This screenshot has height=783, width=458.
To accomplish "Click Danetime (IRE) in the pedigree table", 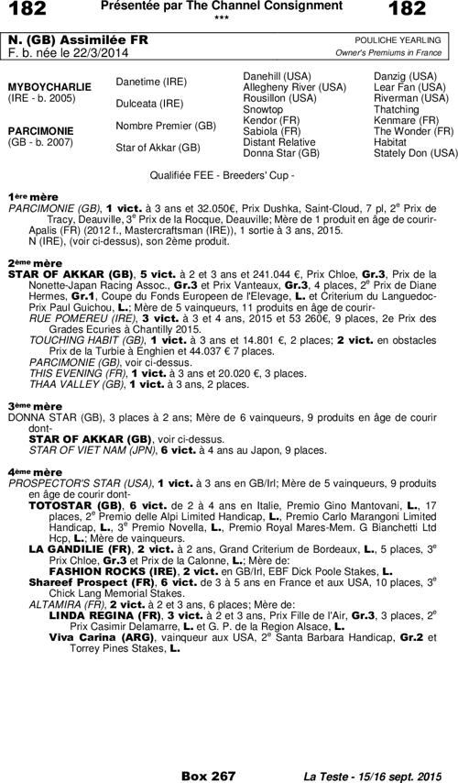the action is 147,83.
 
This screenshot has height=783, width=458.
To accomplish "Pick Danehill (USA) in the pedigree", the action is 278,74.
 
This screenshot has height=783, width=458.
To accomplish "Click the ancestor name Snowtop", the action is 262,109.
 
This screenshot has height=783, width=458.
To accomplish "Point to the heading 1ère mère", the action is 27,196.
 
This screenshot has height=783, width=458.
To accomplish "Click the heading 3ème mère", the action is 28,404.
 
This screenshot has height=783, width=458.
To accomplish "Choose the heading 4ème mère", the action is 28,471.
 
